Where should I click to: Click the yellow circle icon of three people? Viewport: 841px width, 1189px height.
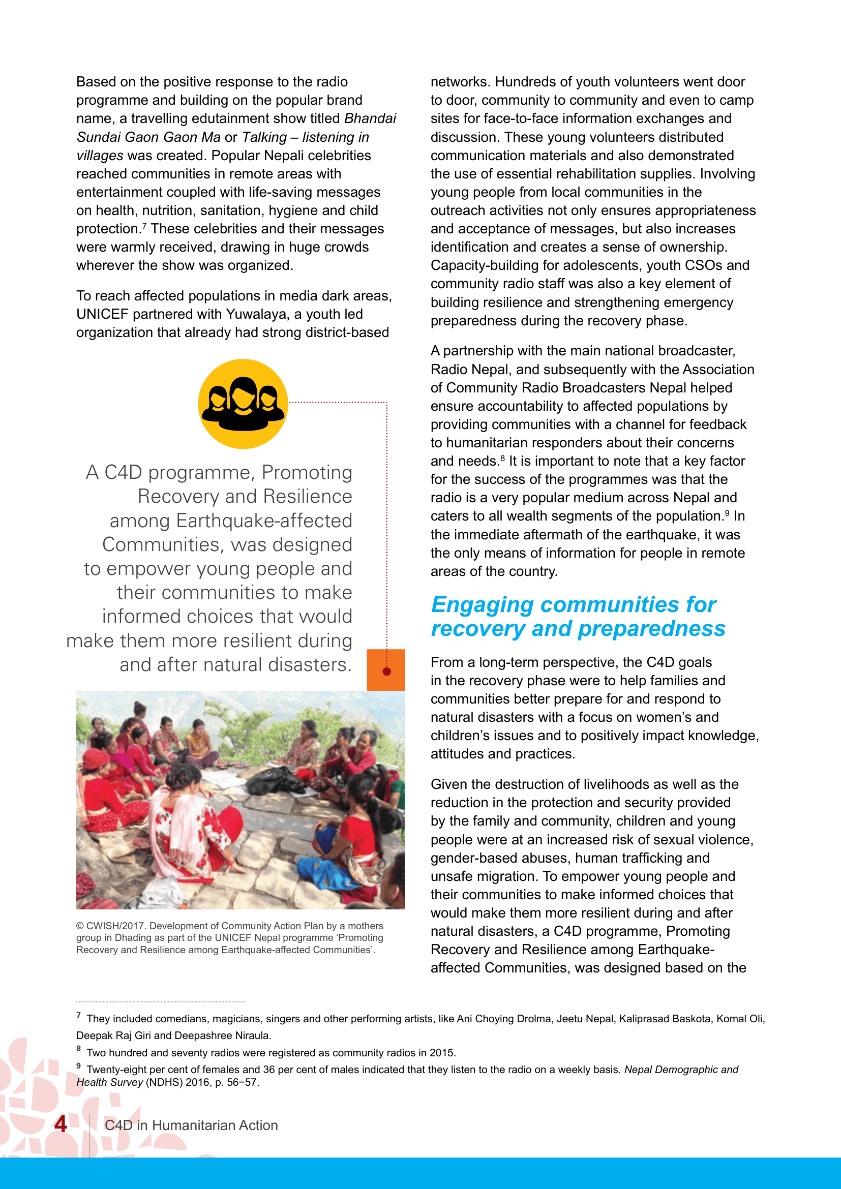tap(243, 404)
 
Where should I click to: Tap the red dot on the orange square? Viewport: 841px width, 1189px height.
tap(386, 671)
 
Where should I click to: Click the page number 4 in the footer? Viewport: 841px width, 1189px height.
tap(61, 1124)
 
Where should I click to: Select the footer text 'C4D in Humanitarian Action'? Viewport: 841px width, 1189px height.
tap(191, 1125)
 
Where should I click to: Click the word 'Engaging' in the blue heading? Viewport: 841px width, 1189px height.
tap(482, 604)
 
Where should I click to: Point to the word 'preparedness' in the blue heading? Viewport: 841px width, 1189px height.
tap(651, 629)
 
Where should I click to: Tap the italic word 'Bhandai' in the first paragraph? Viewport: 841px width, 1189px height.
tap(370, 118)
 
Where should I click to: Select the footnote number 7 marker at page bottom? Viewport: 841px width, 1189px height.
tap(79, 1016)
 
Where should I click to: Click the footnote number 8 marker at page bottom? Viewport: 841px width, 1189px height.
tap(79, 1049)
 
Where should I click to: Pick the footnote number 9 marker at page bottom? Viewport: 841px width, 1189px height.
tap(79, 1066)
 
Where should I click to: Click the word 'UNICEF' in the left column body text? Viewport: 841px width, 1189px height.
tap(102, 314)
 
